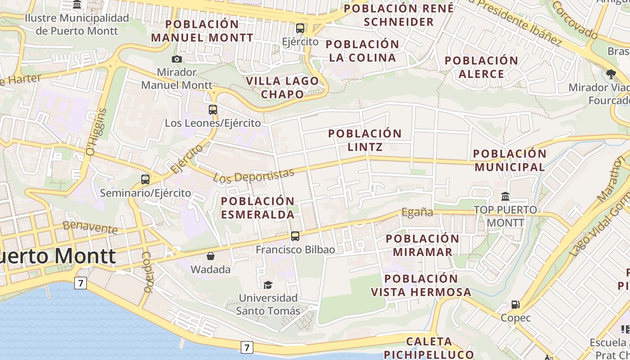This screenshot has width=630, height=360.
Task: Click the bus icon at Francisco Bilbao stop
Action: click(x=295, y=236)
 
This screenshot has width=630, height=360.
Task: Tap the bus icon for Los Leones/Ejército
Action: click(x=213, y=109)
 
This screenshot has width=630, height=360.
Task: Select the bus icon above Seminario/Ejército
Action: click(x=145, y=180)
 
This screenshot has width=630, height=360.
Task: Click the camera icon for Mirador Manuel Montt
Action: click(x=177, y=59)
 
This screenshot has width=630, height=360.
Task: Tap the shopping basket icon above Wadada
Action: click(x=210, y=256)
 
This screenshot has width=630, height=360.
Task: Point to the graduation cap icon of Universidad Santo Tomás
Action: click(x=268, y=284)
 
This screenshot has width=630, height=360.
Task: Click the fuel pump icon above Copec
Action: click(x=516, y=305)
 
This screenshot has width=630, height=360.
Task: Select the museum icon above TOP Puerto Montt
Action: click(x=505, y=197)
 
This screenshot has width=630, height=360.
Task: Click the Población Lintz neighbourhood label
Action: click(x=365, y=140)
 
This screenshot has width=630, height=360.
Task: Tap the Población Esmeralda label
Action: click(x=258, y=207)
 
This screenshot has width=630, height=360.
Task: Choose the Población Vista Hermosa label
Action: click(x=421, y=285)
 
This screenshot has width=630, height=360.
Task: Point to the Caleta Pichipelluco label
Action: click(x=429, y=348)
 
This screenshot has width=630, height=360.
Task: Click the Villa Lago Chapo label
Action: click(x=283, y=87)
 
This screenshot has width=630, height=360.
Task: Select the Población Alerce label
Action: click(x=481, y=67)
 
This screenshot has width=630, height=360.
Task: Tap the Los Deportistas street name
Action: click(x=254, y=175)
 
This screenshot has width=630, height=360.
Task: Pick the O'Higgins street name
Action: click(x=97, y=132)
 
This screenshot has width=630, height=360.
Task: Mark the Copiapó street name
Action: click(x=148, y=272)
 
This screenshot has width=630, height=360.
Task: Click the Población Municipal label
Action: click(x=510, y=160)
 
